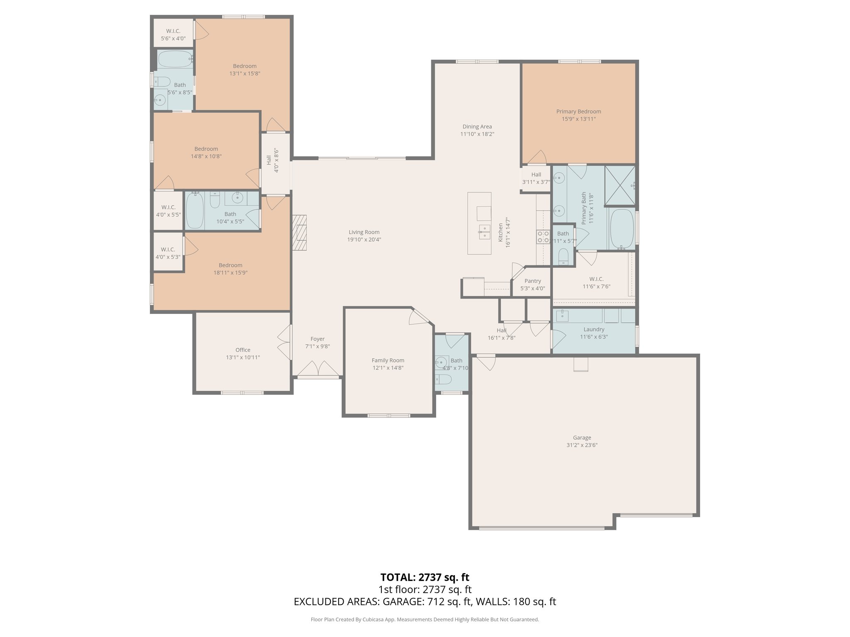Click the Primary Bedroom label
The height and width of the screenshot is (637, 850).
pos(579,111)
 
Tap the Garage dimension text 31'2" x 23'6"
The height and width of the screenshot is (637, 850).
pos(582,445)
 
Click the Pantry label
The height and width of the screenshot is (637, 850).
pos(532,281)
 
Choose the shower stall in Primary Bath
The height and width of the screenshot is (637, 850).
pos(620,186)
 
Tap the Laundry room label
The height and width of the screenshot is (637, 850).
pos(594,329)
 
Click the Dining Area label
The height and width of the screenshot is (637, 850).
pos(477,126)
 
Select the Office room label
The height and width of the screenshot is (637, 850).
pos(243,350)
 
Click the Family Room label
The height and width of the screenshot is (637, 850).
pos(388,360)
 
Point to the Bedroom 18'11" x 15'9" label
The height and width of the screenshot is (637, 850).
pos(230,265)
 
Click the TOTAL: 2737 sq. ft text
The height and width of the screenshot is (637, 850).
pos(425,577)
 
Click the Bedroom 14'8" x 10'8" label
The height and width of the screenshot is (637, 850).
pos(206,149)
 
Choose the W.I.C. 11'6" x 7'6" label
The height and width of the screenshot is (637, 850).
pos(596,279)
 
